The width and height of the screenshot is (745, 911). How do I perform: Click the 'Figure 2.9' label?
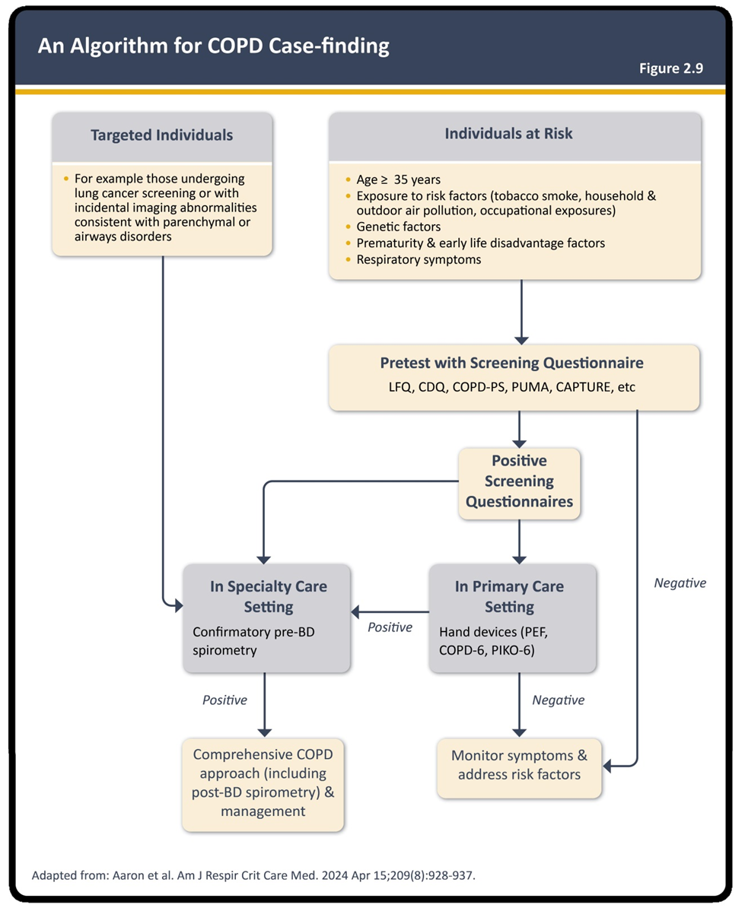[x=671, y=68]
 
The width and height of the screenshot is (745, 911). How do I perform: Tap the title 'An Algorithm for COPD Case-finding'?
[x=213, y=46]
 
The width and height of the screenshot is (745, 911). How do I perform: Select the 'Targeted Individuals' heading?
[x=161, y=135]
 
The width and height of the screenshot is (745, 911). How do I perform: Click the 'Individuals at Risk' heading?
[x=508, y=134]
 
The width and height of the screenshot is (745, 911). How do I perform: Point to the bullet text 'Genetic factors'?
[x=399, y=227]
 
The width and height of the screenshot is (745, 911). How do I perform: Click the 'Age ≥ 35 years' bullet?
[x=399, y=179]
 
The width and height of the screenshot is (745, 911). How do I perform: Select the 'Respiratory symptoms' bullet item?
[x=419, y=259]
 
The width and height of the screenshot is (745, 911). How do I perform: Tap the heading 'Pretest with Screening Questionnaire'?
[x=512, y=363]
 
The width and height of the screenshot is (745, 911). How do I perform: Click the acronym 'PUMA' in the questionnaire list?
[x=530, y=387]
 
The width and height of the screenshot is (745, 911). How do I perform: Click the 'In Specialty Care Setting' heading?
[x=269, y=596]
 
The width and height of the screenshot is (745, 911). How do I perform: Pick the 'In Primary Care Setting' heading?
[x=509, y=596]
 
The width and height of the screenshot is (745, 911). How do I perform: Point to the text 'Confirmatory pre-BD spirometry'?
[x=253, y=641]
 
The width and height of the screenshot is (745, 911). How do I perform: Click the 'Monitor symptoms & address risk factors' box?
[x=519, y=767]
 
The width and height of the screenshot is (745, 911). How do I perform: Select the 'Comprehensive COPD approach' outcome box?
[x=263, y=784]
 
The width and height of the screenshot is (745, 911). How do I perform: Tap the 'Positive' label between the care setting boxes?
[x=390, y=627]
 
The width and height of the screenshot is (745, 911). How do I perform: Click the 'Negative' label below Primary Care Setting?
[x=559, y=700]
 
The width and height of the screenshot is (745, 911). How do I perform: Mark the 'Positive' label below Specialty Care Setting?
[x=224, y=700]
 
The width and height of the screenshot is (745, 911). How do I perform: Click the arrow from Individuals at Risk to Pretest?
[x=522, y=312]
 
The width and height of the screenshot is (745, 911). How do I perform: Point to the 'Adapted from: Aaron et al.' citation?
[x=253, y=875]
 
